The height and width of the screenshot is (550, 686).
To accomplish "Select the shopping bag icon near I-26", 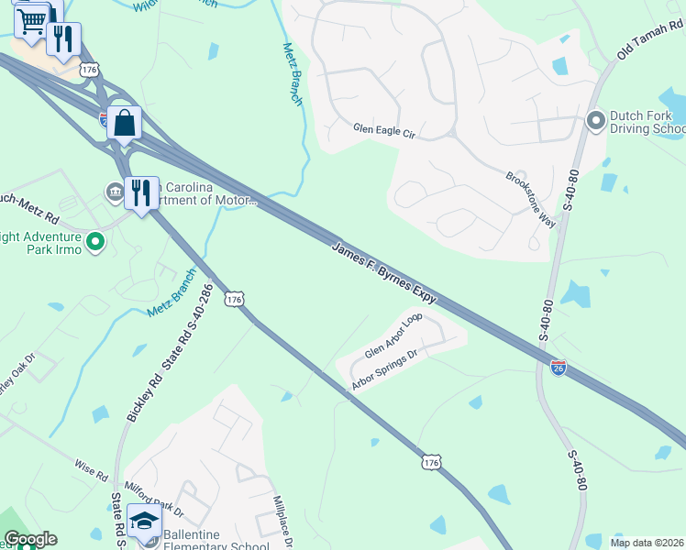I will coord(125,123).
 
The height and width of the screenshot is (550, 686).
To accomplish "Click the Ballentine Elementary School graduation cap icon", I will coord(144,521).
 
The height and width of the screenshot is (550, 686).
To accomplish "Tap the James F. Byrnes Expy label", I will coord(383,272).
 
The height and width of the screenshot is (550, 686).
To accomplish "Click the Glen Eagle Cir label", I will coord(384,132).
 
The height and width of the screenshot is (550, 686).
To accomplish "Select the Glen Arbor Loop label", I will coord(393,336).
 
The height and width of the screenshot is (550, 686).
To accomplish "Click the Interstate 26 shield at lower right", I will coord(558,368).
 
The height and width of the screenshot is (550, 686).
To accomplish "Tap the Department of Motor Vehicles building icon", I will coord(115,192).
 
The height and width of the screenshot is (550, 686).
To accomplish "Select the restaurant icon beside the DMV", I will coord(140,192).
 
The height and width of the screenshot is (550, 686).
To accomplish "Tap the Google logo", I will coord(30,539).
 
